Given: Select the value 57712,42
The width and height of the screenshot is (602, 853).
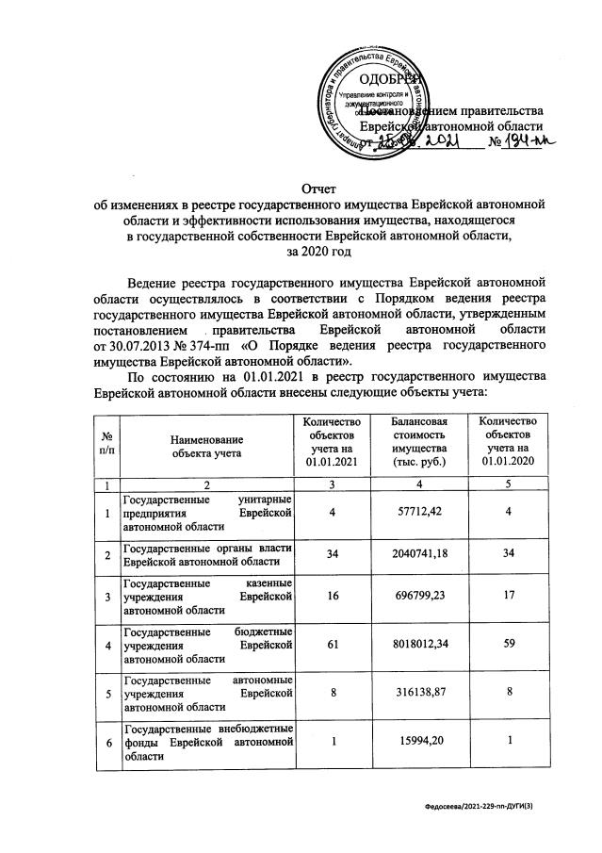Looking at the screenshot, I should (x=420, y=513).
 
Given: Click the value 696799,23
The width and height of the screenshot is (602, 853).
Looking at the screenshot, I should (x=420, y=598).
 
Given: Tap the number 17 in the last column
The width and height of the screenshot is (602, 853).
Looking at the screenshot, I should (x=509, y=598).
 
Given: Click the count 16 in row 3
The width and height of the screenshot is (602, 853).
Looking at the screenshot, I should (x=332, y=598).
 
